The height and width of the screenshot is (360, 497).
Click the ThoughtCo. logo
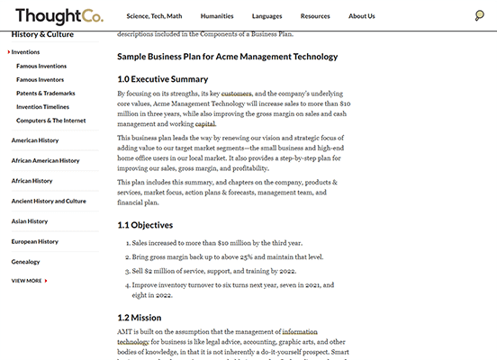(x=59, y=15)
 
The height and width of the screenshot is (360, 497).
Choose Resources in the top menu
(x=315, y=16)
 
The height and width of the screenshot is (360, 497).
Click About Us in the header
(x=362, y=16)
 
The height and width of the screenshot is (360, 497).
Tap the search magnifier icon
(x=480, y=15)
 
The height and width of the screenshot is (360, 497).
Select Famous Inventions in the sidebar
(x=41, y=66)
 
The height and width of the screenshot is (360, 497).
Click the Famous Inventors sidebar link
(x=41, y=79)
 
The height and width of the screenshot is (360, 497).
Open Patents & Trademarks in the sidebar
(x=46, y=93)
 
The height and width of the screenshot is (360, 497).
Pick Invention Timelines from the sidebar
(x=43, y=106)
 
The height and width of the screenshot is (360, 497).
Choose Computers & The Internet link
(x=51, y=120)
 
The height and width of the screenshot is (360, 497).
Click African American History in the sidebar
(x=45, y=160)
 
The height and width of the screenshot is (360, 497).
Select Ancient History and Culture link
(x=49, y=201)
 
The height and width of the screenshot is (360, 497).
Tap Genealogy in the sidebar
(x=26, y=261)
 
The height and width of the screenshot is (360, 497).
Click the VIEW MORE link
(x=28, y=281)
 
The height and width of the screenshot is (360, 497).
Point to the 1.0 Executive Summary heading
(x=163, y=79)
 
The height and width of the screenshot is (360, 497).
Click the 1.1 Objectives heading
(x=145, y=224)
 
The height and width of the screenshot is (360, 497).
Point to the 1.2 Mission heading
(x=140, y=317)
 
